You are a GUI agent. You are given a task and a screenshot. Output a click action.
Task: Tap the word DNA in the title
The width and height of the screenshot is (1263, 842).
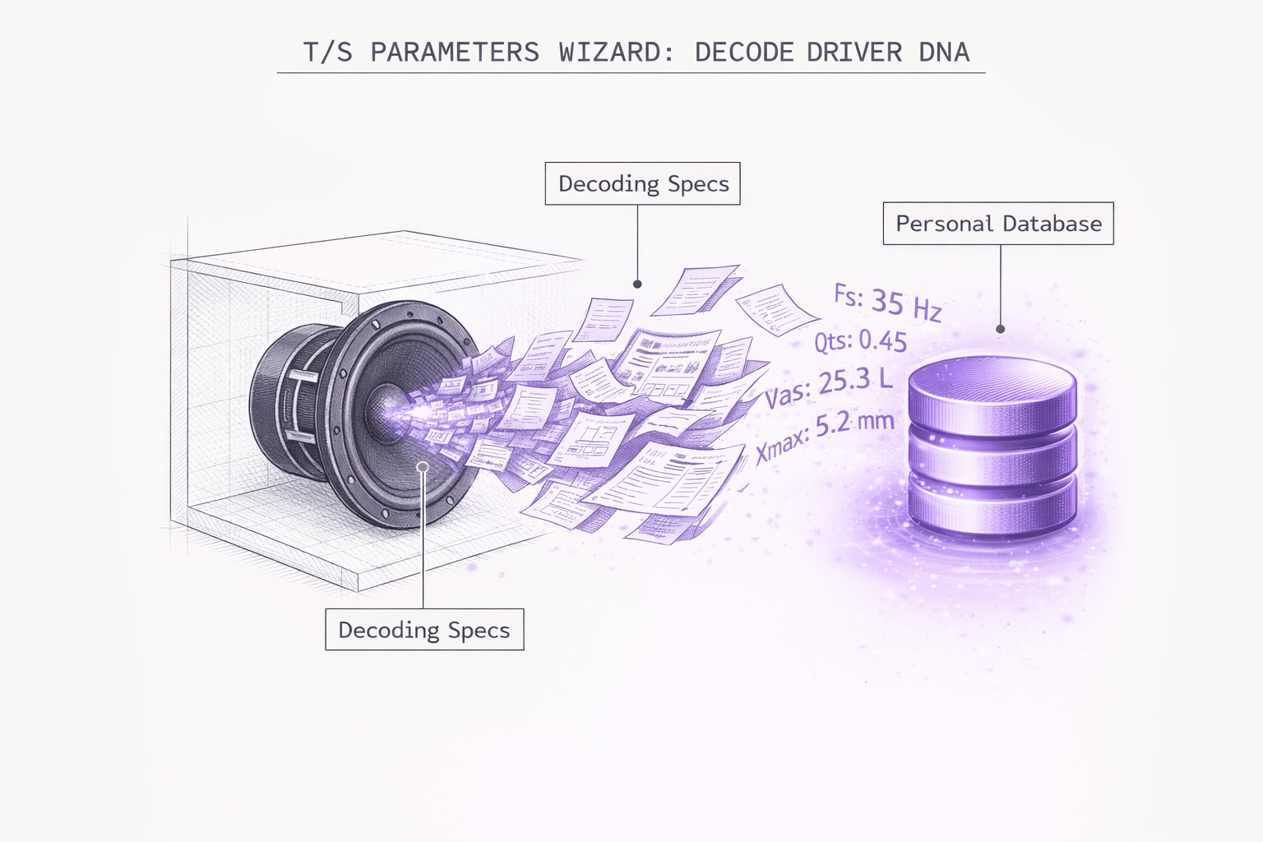[944, 52]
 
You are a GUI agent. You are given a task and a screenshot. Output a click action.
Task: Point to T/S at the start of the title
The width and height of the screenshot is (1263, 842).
[327, 52]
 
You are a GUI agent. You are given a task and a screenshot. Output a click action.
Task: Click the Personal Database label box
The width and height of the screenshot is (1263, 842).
[998, 224]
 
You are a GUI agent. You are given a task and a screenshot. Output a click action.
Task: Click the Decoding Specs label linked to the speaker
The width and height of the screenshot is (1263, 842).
[424, 630]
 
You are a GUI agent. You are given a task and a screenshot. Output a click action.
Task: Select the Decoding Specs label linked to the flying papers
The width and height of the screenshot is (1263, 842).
[643, 183]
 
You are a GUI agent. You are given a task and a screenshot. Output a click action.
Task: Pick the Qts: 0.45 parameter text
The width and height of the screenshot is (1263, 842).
[861, 340]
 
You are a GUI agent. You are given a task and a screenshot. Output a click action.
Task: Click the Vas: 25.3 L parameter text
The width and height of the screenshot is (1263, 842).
[829, 386]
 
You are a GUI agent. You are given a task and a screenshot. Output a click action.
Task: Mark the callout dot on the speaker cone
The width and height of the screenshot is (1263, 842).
[423, 467]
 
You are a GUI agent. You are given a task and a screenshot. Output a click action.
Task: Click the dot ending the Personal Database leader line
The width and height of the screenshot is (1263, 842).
[1001, 329]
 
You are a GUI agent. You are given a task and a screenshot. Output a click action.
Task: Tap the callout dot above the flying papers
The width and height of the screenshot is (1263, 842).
[637, 284]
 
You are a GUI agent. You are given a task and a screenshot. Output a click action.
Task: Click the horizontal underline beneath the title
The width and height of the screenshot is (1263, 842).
[631, 73]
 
